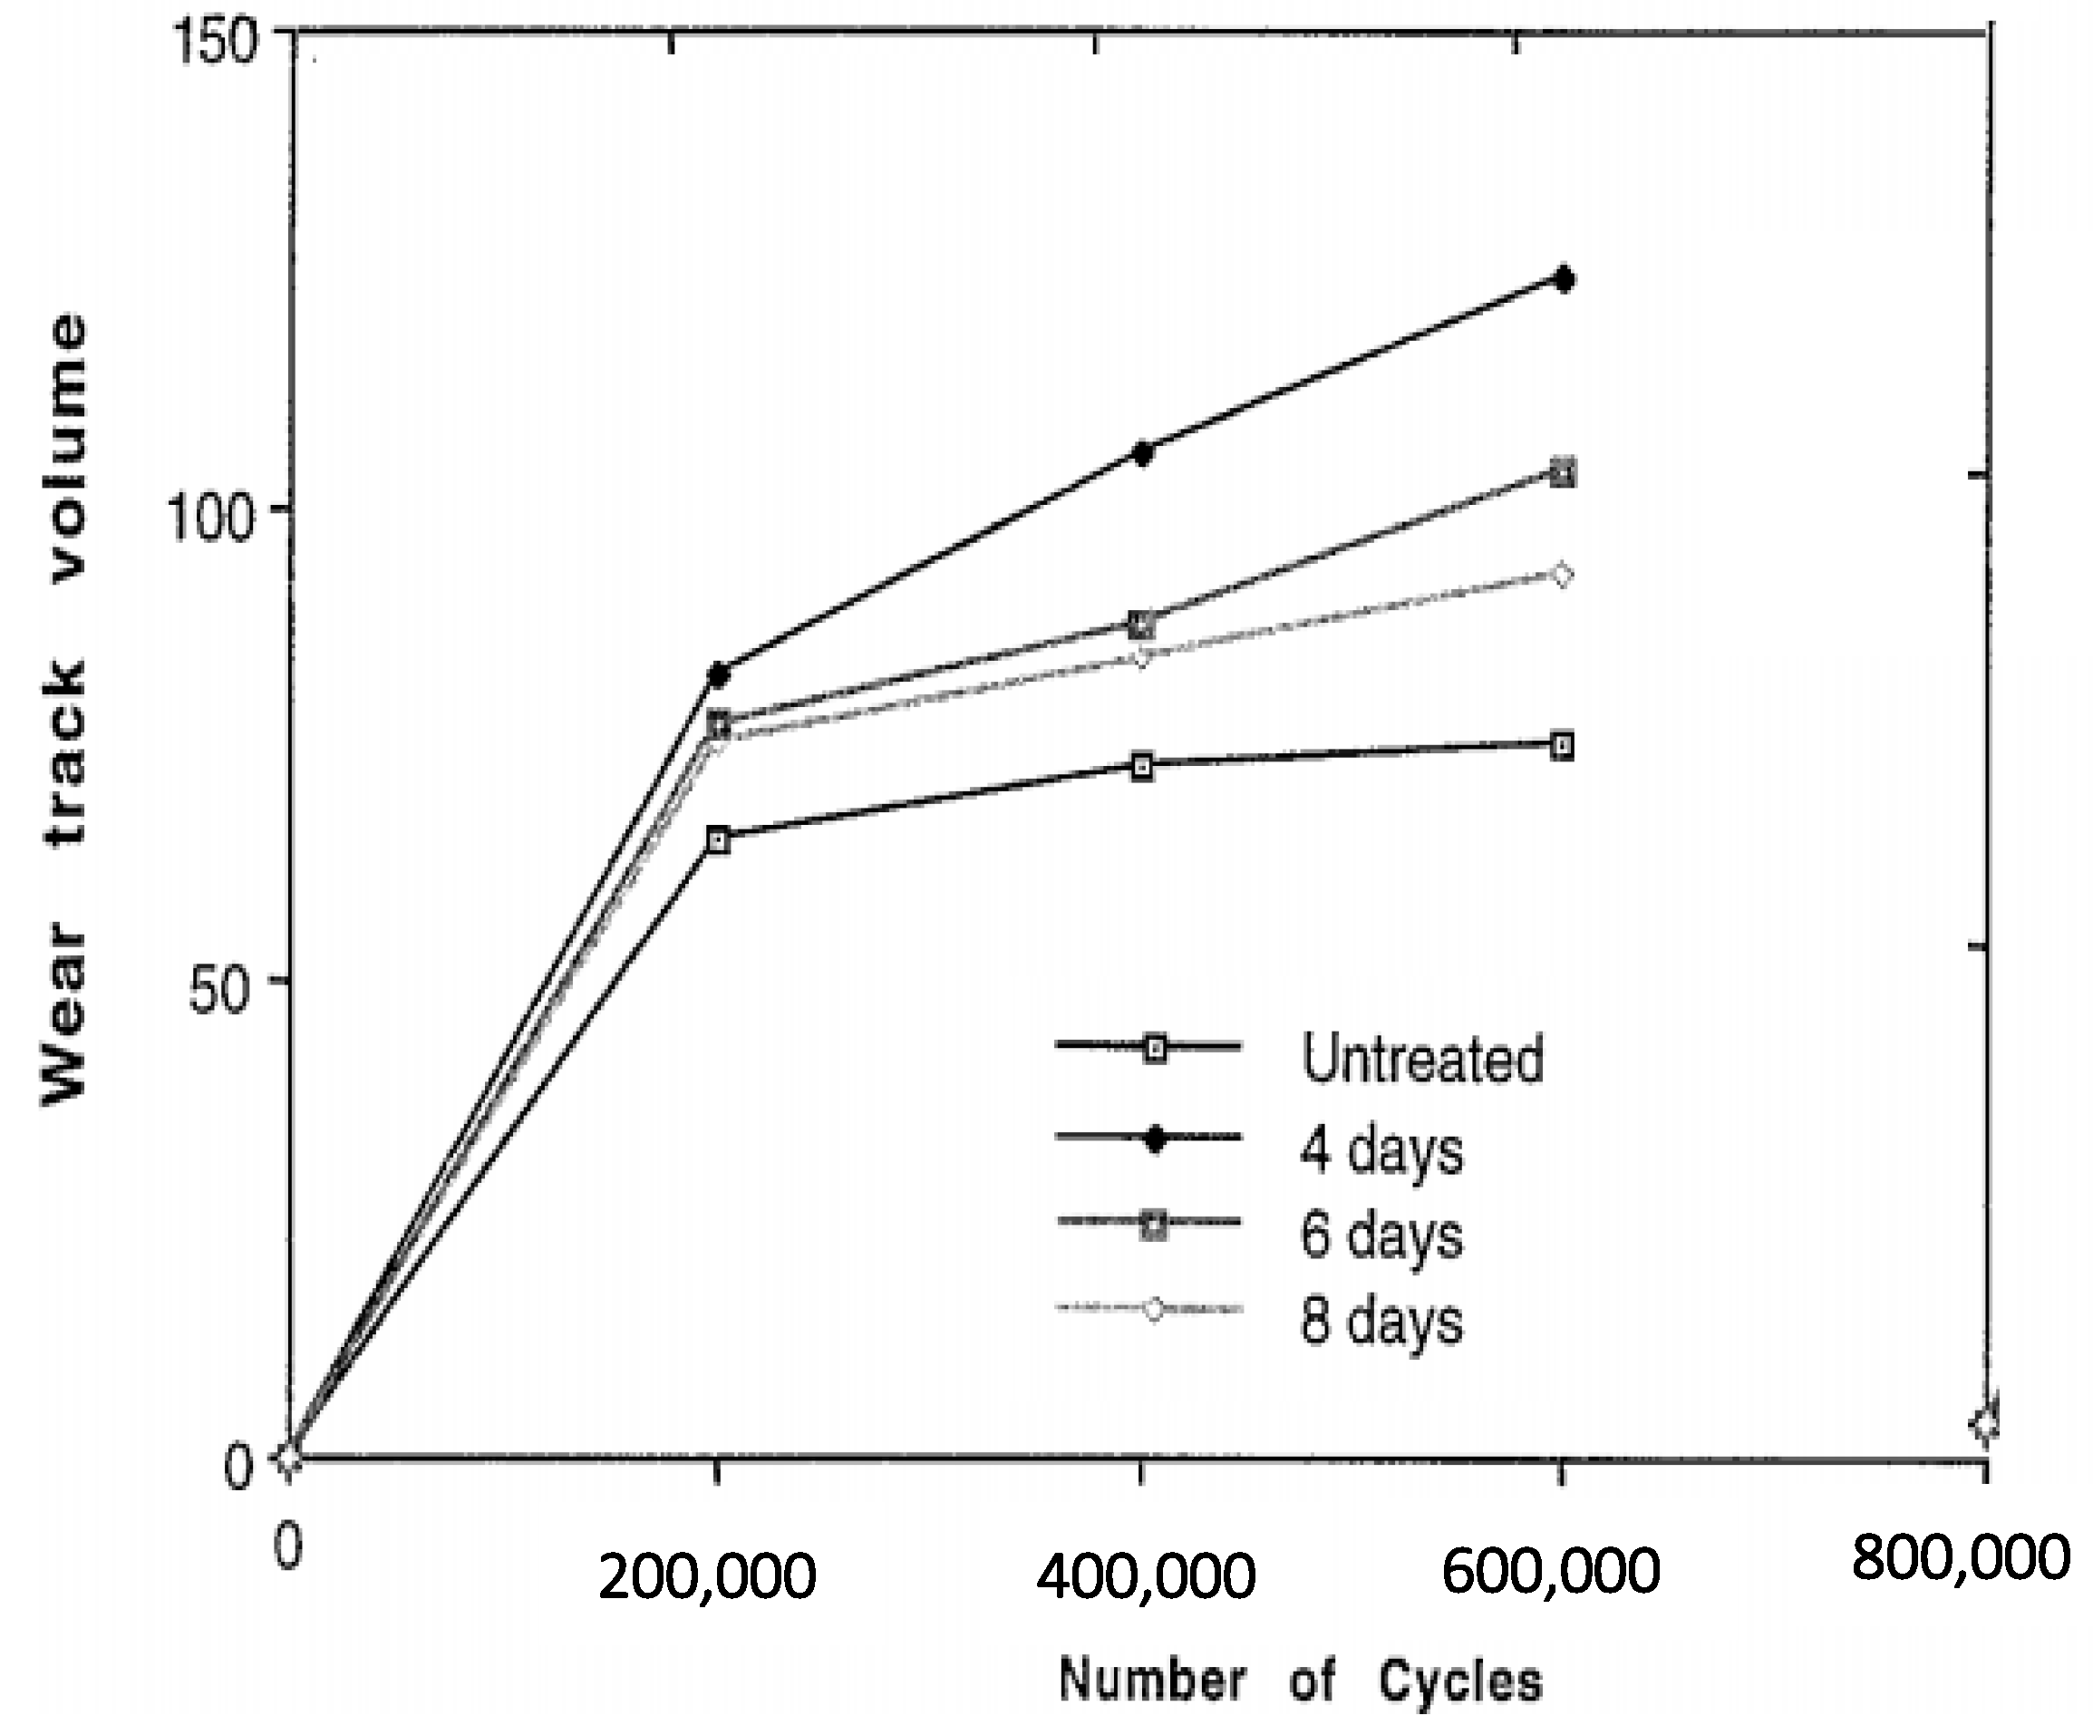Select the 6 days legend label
(1381, 1235)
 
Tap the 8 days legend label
(1381, 1322)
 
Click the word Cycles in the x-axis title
(1460, 1681)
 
